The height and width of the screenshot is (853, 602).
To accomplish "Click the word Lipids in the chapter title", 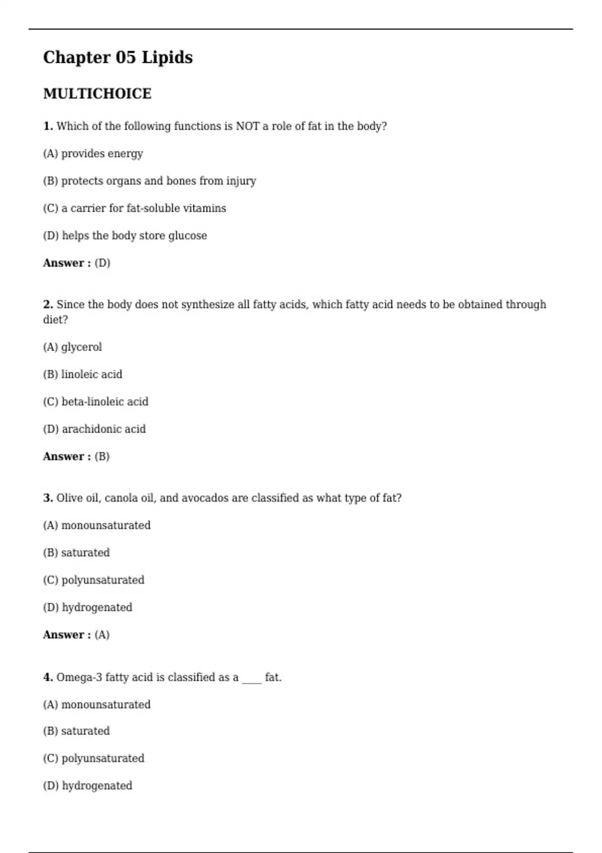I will point(167,58).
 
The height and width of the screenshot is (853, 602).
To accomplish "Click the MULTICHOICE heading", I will point(97,94).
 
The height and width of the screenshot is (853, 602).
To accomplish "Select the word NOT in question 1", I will point(247,126).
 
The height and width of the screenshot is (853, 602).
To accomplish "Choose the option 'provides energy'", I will point(102,154).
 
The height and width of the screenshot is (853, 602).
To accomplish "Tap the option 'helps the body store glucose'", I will point(134,236).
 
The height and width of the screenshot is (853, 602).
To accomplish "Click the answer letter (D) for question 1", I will point(102,263).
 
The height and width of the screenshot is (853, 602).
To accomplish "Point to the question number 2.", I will point(48,305).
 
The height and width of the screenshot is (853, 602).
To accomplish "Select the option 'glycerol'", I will point(81,347).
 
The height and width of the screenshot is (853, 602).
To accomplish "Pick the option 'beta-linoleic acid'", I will point(105,402).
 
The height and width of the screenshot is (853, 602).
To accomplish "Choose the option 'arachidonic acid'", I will point(104,429).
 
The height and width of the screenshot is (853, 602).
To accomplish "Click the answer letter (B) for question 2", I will point(102,457).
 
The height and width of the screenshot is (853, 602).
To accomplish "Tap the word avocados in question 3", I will point(205,498).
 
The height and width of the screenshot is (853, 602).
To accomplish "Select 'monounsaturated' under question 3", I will point(106,525).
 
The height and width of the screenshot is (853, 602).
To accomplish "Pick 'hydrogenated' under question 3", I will point(97,608).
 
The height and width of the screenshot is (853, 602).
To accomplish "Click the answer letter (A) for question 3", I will point(102,635).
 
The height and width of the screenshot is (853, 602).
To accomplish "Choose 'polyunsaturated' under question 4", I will point(103,758).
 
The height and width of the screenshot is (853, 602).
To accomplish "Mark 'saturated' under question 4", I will point(85,731).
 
